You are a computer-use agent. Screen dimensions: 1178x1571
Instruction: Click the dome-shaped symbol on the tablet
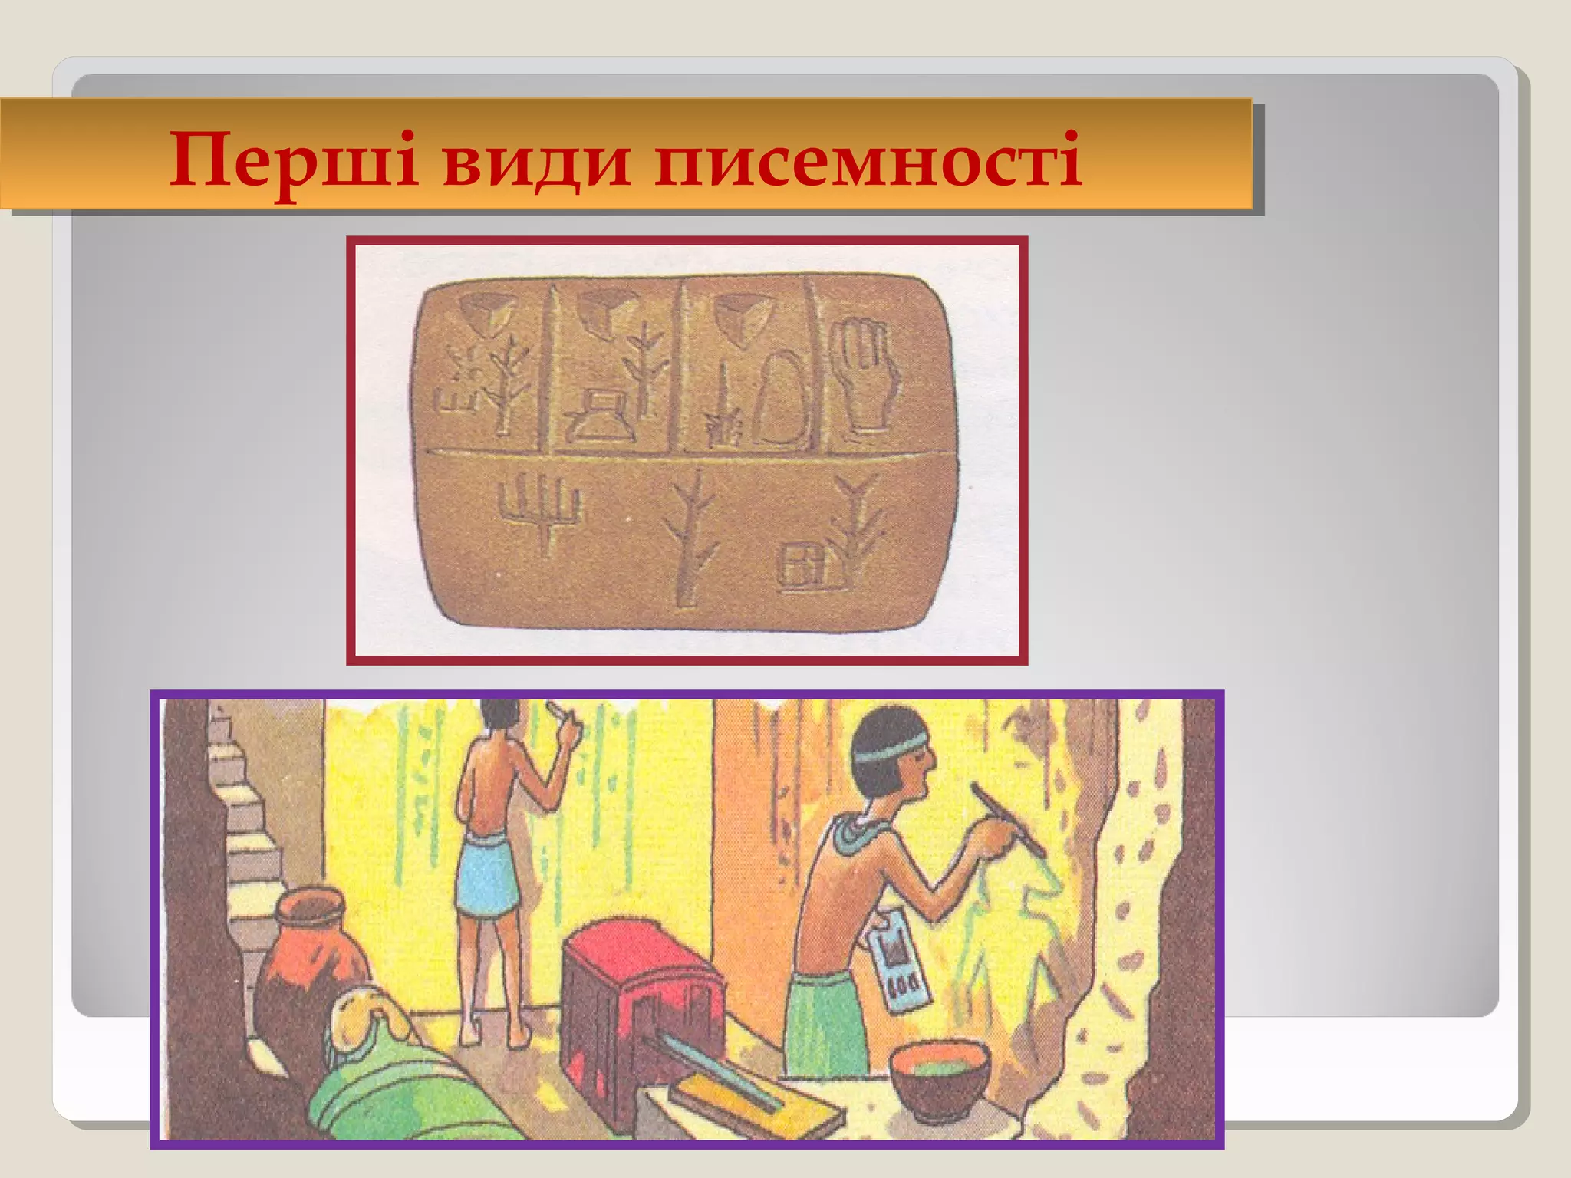click(777, 399)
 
